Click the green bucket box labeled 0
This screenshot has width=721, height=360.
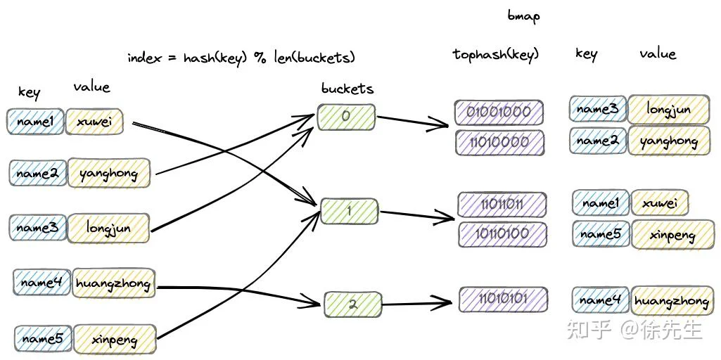346,117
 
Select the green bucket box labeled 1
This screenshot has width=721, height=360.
349,211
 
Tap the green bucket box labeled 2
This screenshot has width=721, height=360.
352,304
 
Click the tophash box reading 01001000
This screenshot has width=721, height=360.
499,112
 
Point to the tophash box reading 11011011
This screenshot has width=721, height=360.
502,205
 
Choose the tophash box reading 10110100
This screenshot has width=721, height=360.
502,234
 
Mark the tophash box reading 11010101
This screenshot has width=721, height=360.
503,300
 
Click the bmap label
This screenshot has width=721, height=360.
524,15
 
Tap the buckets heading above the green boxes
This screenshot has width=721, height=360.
347,89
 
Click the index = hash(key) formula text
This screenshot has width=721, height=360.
241,58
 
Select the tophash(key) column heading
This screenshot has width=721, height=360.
496,55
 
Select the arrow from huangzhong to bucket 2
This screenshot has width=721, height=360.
238,295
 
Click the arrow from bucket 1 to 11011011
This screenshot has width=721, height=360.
417,214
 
